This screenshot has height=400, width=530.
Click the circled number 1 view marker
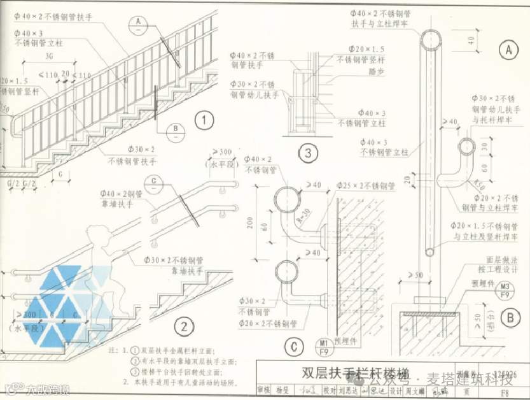point(203,120)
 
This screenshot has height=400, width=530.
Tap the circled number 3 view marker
point(308,153)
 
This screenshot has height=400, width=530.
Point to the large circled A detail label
point(507,48)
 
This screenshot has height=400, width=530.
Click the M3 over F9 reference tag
point(505,290)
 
